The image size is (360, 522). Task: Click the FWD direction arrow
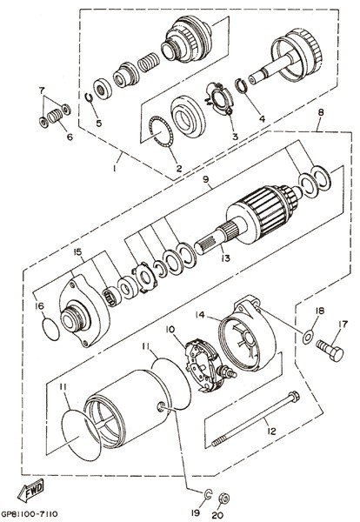(x=30, y=490)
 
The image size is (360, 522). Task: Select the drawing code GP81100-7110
(x=30, y=514)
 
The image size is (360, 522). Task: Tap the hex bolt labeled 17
(x=330, y=350)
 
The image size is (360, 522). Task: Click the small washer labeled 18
(x=308, y=338)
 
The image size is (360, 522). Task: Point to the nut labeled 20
(x=224, y=499)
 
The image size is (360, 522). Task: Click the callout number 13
(x=225, y=258)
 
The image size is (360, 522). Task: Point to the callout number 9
(x=205, y=178)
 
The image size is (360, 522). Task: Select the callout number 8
(x=320, y=112)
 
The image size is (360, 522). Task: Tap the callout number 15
(x=77, y=251)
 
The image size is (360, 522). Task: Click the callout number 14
(x=200, y=315)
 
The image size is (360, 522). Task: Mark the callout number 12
(x=271, y=432)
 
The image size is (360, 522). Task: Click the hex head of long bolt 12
(x=294, y=396)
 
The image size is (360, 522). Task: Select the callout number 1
(x=114, y=169)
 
